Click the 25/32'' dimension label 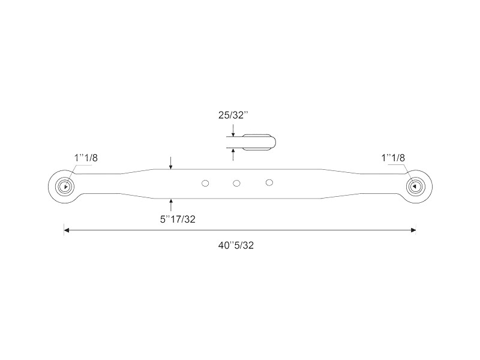233,115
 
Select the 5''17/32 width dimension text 178,219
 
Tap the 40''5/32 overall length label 236,245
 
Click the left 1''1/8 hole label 86,158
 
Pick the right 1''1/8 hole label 393,158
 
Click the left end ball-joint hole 65,187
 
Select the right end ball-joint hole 415,186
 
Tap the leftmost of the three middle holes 205,183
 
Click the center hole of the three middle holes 236,183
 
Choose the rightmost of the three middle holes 269,182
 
